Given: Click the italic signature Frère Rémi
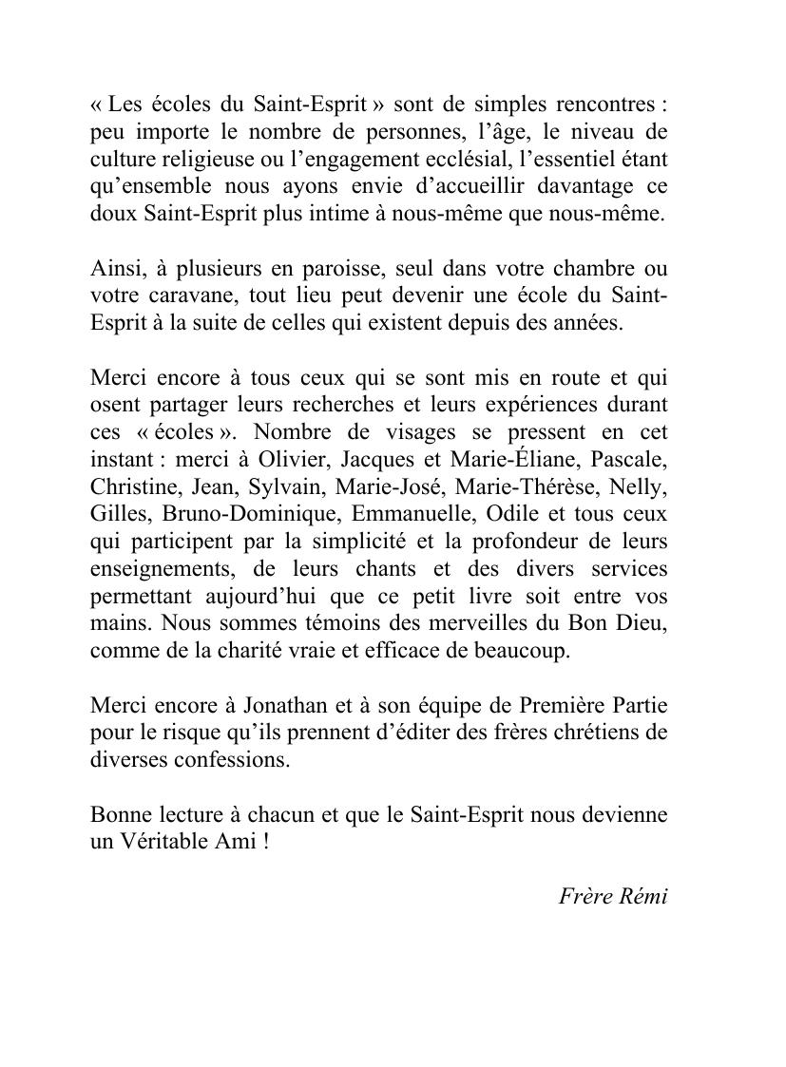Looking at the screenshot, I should (612, 896).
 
